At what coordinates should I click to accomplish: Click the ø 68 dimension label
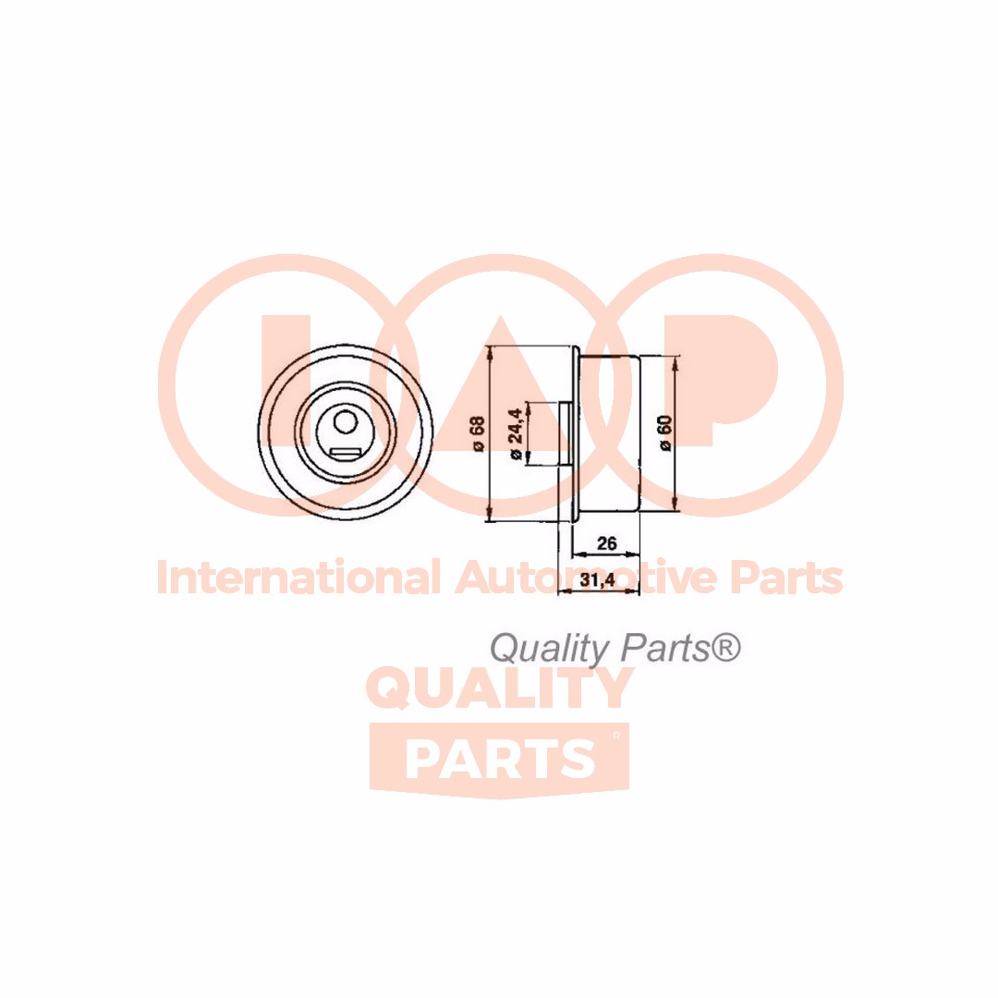point(478,433)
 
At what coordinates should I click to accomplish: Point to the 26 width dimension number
point(607,543)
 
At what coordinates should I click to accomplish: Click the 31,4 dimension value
point(598,580)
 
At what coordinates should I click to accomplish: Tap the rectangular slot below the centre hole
point(345,453)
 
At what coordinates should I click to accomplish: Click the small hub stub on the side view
point(564,433)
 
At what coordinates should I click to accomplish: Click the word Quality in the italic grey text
point(549,649)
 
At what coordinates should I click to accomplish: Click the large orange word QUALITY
point(500,689)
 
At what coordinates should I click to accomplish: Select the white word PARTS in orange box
point(500,759)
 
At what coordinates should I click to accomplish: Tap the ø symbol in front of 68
point(478,446)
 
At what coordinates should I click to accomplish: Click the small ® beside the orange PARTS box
point(616,736)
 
